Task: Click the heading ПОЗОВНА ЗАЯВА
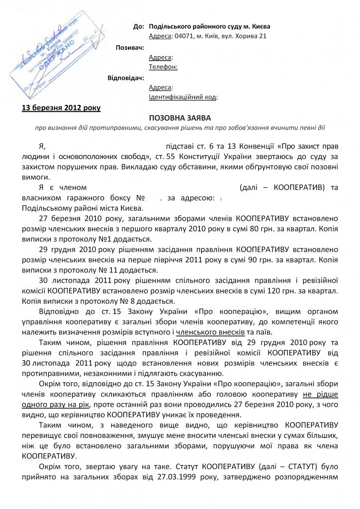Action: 180,118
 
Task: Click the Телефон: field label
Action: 163,67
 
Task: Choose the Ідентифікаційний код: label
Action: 183,96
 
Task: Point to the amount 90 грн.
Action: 283,259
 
